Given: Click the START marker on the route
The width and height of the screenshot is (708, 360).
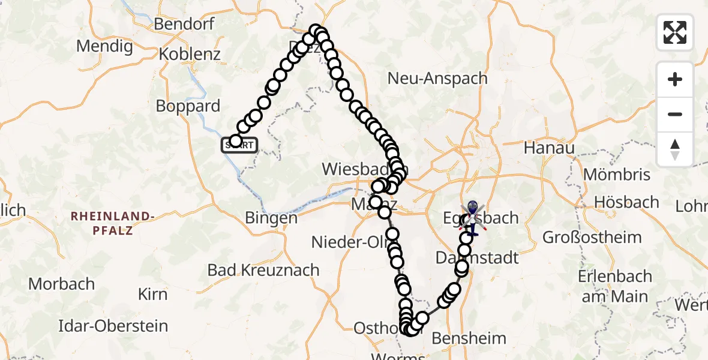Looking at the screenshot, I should click(240, 145).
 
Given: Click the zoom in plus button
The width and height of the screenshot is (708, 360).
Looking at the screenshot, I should click(675, 79).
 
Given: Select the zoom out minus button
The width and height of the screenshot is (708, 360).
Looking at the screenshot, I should click(675, 114).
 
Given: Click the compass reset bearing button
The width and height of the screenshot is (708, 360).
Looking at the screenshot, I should click(675, 149).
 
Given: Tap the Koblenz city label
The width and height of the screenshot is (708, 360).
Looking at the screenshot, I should click(190, 53).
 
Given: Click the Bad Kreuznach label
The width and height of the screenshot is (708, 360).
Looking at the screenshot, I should click(263, 270).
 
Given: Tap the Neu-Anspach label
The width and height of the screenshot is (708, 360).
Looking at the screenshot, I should click(427, 78).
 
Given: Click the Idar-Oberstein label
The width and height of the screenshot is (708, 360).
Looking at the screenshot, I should click(113, 326).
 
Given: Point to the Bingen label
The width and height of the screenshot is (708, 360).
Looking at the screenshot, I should click(271, 218).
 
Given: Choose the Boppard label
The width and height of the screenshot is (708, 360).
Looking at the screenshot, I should click(188, 106).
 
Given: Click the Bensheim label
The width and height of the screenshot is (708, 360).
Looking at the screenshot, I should click(461, 338).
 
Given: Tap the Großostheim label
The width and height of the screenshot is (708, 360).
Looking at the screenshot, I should click(592, 237).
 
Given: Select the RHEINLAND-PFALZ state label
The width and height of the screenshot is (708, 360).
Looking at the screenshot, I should click(113, 222).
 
